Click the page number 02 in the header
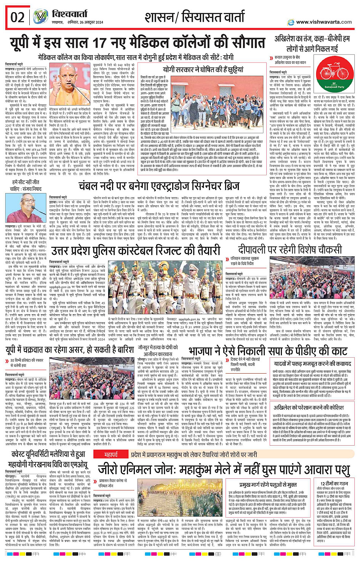pyautogui.click(x=17, y=18)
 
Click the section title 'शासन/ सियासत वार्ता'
pyautogui.click(x=194, y=17)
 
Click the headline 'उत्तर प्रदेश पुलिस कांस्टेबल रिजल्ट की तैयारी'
pyautogui.click(x=136, y=251)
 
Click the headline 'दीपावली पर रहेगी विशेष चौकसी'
pyautogui.click(x=290, y=250)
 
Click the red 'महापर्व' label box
pyautogui.click(x=111, y=444)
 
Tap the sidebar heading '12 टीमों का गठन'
pyautogui.click(x=334, y=483)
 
